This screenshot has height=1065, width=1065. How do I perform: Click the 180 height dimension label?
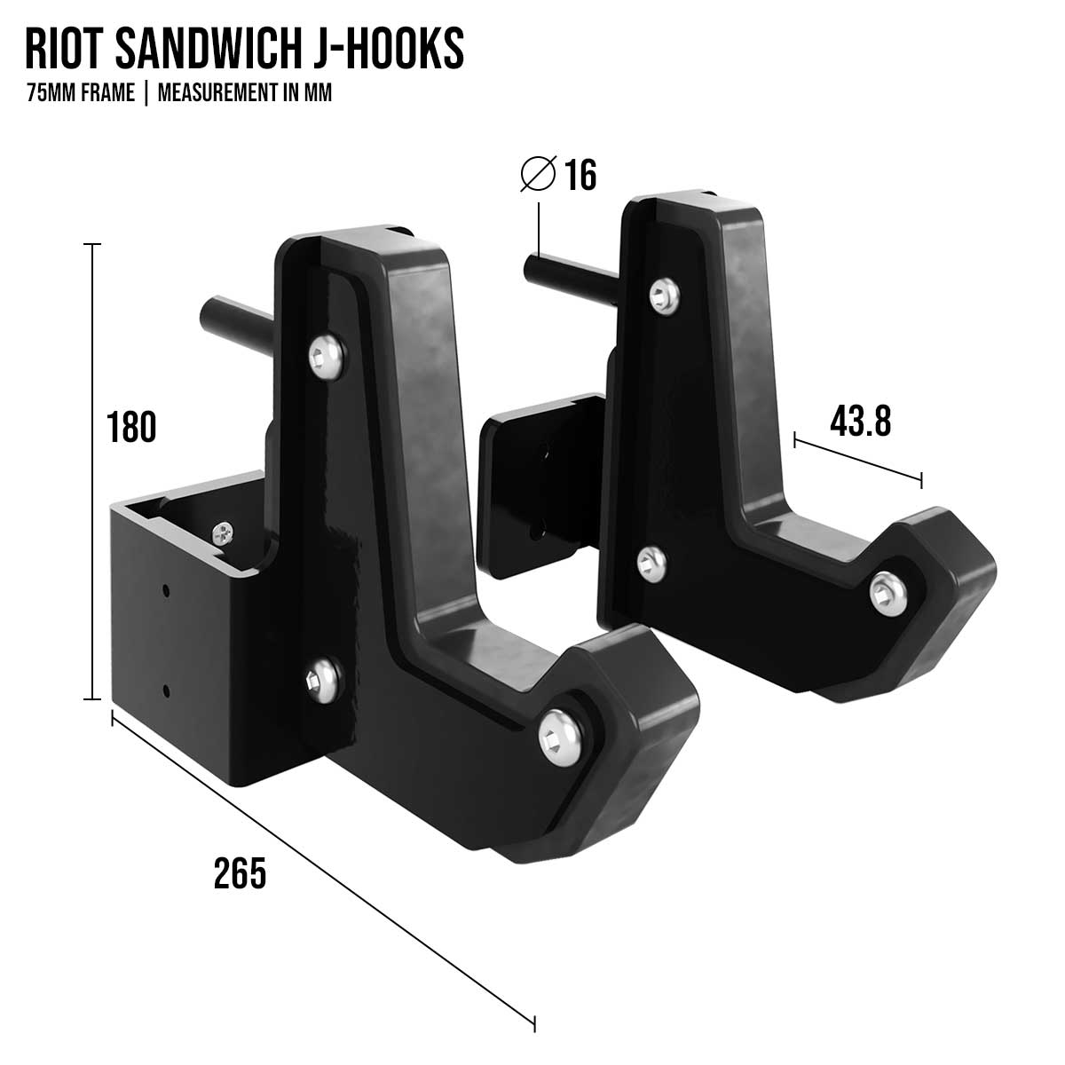point(131,427)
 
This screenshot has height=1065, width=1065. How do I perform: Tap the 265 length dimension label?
point(240,873)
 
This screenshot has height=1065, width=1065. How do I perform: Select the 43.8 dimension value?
point(860,421)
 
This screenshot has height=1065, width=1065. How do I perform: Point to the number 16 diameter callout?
point(580,176)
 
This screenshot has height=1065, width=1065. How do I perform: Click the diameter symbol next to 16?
point(538,174)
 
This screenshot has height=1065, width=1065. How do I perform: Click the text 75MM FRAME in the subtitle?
point(81,93)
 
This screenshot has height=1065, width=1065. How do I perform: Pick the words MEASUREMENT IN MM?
point(244,93)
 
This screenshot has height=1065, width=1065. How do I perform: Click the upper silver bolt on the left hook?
point(327,357)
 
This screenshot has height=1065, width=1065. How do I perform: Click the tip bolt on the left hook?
point(561,735)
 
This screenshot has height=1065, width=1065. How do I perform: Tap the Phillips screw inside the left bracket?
point(222,533)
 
